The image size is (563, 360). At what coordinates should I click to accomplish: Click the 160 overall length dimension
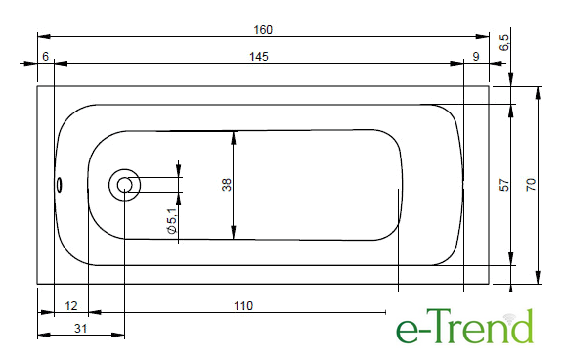(263, 29)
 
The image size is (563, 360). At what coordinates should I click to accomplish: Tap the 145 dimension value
(259, 57)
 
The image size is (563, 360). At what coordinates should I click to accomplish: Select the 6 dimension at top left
(45, 57)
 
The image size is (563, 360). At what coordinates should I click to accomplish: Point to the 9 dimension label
(476, 57)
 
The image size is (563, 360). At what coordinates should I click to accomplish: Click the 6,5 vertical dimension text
(504, 42)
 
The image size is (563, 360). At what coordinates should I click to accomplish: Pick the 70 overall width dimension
(531, 185)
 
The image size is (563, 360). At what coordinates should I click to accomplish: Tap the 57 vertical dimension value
(504, 185)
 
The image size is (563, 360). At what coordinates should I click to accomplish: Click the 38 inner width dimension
(227, 185)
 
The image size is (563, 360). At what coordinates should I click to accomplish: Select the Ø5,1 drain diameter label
(172, 221)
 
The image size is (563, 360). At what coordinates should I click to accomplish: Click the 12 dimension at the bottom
(71, 306)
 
